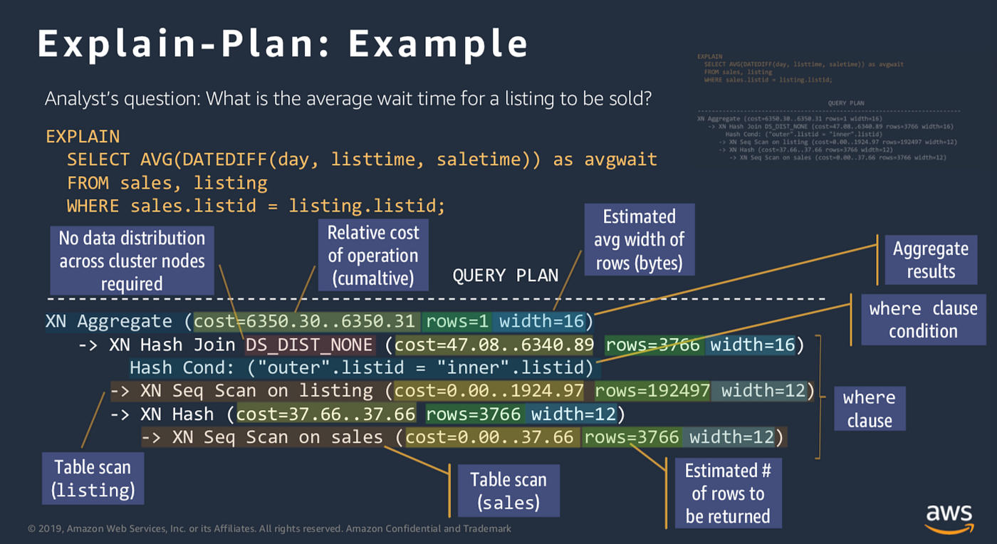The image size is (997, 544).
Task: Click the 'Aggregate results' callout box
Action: (x=930, y=260)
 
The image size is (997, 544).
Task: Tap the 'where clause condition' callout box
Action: (x=922, y=320)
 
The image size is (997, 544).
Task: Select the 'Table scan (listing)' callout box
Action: (x=93, y=478)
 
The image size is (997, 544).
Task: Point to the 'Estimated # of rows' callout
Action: (x=728, y=493)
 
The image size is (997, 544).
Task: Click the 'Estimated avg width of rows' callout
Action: (x=639, y=239)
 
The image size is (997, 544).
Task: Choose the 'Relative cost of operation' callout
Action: (x=373, y=255)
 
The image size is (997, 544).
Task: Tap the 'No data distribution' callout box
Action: (x=132, y=261)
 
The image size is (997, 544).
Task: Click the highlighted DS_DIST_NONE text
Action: (x=309, y=345)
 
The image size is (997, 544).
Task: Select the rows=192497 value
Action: (x=652, y=391)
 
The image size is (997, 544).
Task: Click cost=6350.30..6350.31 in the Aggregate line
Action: (x=306, y=322)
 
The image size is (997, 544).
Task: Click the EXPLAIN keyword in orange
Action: (x=83, y=137)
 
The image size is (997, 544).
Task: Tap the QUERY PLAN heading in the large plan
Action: (x=505, y=276)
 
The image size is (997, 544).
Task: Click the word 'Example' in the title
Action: (x=438, y=44)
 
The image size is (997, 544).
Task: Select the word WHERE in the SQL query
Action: (x=93, y=206)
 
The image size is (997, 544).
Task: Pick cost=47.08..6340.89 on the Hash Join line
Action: (x=494, y=345)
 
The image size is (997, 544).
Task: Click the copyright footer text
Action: (x=269, y=529)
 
